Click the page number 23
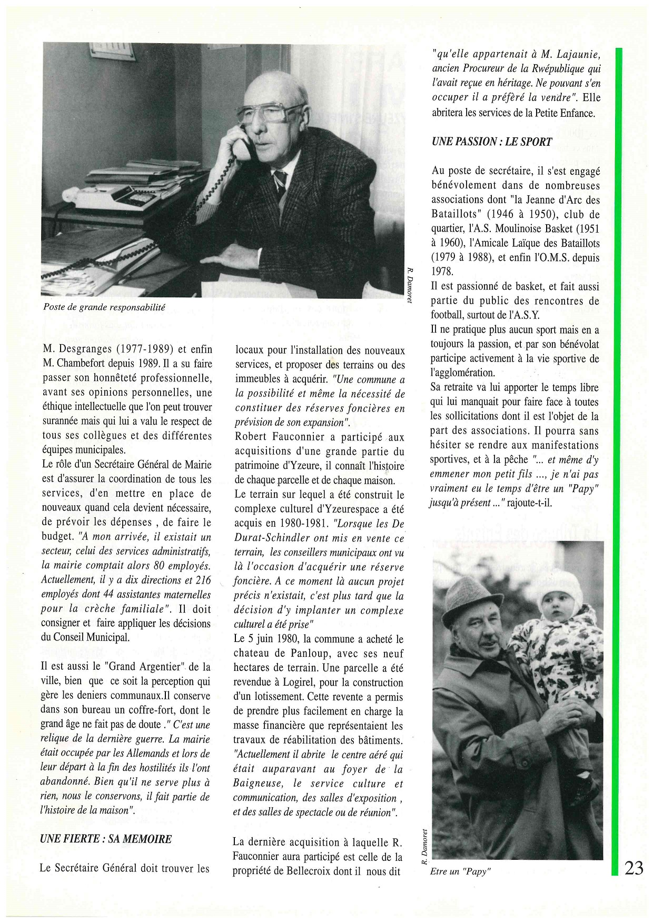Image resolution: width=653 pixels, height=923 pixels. pyautogui.click(x=634, y=867)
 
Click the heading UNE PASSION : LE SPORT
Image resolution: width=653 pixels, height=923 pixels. pyautogui.click(x=491, y=142)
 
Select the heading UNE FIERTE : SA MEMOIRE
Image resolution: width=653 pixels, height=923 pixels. pyautogui.click(x=106, y=838)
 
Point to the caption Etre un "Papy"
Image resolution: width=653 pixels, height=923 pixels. pyautogui.click(x=460, y=871)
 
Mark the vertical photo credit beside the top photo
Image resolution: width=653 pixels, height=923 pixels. pyautogui.click(x=410, y=285)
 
